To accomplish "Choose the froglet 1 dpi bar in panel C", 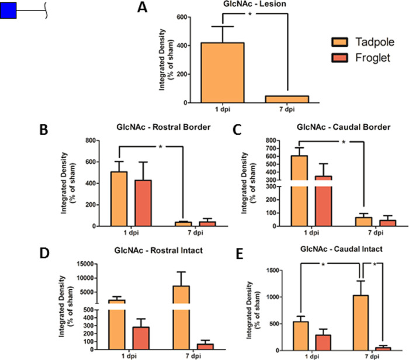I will click(x=323, y=199).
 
